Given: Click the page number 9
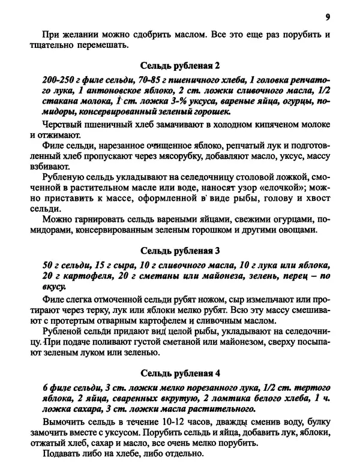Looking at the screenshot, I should pyautogui.click(x=328, y=17).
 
